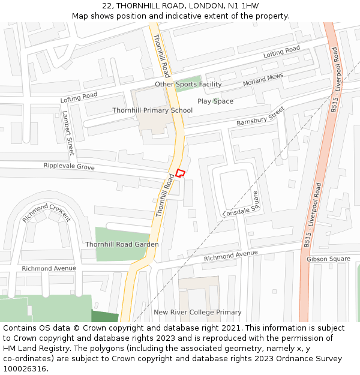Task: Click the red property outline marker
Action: pos(179,173)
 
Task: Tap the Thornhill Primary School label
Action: pos(152,110)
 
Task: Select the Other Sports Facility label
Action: pos(188,85)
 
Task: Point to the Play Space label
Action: pos(215,101)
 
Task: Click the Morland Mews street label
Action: pos(263,80)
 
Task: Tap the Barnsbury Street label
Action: pos(260,116)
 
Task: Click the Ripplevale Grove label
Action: pos(69,166)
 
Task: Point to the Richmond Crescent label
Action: pos(46,212)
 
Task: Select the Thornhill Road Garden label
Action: pos(122,244)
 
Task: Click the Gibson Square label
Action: pos(328,259)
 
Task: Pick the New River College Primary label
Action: pos(197,312)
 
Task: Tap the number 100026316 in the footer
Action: pos(25,368)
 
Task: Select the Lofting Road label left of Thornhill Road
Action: pos(79,96)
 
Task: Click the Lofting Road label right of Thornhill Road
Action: pos(281,52)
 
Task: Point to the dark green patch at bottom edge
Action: pos(105,316)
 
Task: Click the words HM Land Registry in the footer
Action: pos(32,349)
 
